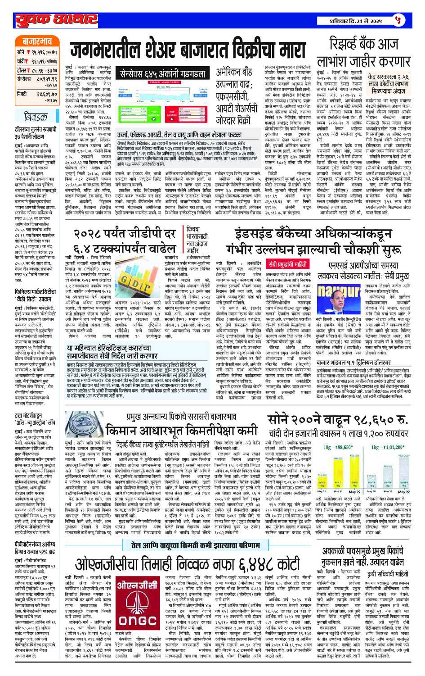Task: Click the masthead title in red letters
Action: point(56,20)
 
